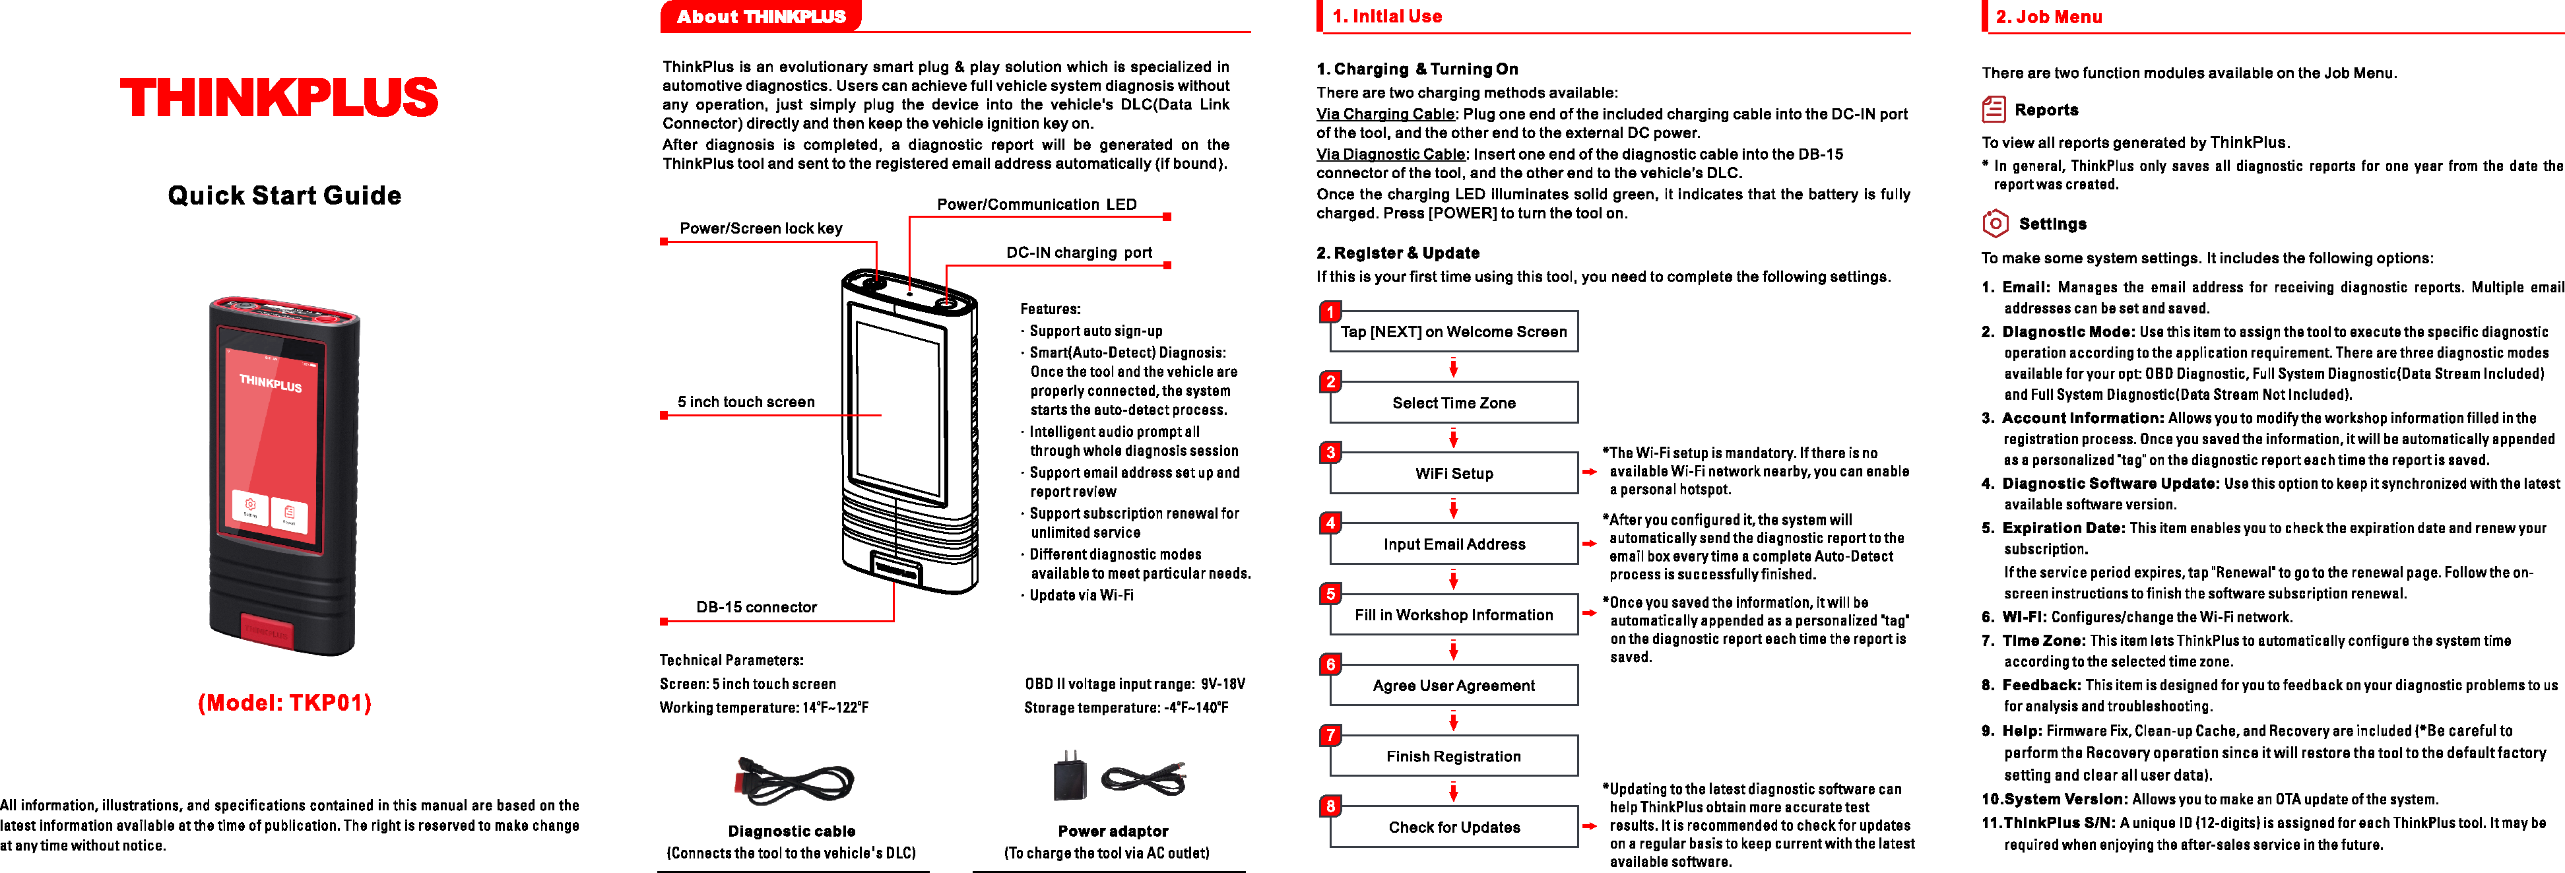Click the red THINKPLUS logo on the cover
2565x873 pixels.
[x=278, y=98]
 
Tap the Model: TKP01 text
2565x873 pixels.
[x=285, y=703]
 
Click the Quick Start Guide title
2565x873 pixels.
[x=285, y=195]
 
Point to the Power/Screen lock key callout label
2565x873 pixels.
[x=761, y=228]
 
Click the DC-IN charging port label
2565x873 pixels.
[x=1078, y=253]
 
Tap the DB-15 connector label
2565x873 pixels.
[x=757, y=607]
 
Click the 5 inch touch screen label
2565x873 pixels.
[x=746, y=402]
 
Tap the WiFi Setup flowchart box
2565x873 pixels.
[x=1454, y=474]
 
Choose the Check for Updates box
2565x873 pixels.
[x=1454, y=827]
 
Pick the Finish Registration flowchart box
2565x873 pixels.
[x=1454, y=756]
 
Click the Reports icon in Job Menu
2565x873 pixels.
[x=1994, y=110]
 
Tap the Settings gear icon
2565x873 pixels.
[x=1994, y=224]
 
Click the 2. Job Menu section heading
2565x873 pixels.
[x=2048, y=17]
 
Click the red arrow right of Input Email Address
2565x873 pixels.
[x=1589, y=544]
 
